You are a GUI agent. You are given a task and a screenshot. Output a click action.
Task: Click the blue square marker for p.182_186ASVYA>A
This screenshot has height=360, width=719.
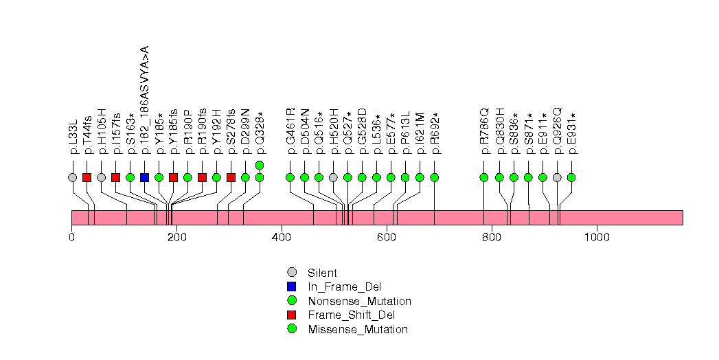coord(144,177)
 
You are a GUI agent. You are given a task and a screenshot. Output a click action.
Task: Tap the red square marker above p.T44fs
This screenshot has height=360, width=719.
coord(87,177)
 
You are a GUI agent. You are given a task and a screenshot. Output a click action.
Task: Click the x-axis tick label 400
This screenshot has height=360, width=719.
coord(282,237)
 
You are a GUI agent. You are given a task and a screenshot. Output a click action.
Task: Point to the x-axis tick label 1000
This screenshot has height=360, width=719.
coord(597,237)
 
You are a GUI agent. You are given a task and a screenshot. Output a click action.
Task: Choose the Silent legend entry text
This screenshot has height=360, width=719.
coord(323,273)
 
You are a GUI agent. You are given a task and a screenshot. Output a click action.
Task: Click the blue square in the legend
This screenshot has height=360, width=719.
coord(292,286)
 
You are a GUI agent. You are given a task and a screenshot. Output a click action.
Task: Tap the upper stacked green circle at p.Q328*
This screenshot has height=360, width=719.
coord(260,165)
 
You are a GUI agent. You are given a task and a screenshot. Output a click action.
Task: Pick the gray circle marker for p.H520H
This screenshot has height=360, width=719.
coord(333,177)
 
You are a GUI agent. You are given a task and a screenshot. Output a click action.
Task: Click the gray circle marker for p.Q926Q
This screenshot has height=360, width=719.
coord(557,177)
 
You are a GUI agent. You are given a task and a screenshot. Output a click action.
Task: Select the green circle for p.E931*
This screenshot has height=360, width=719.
coord(571,177)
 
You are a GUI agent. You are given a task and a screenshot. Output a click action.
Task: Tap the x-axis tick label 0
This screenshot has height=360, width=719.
coord(71,237)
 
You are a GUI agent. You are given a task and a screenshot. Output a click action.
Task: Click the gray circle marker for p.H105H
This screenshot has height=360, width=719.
coord(102,177)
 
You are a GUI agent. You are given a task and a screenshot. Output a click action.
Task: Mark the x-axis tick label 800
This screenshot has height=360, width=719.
coord(492,237)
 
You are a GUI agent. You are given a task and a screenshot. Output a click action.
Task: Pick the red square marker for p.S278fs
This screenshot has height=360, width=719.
coord(231,177)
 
